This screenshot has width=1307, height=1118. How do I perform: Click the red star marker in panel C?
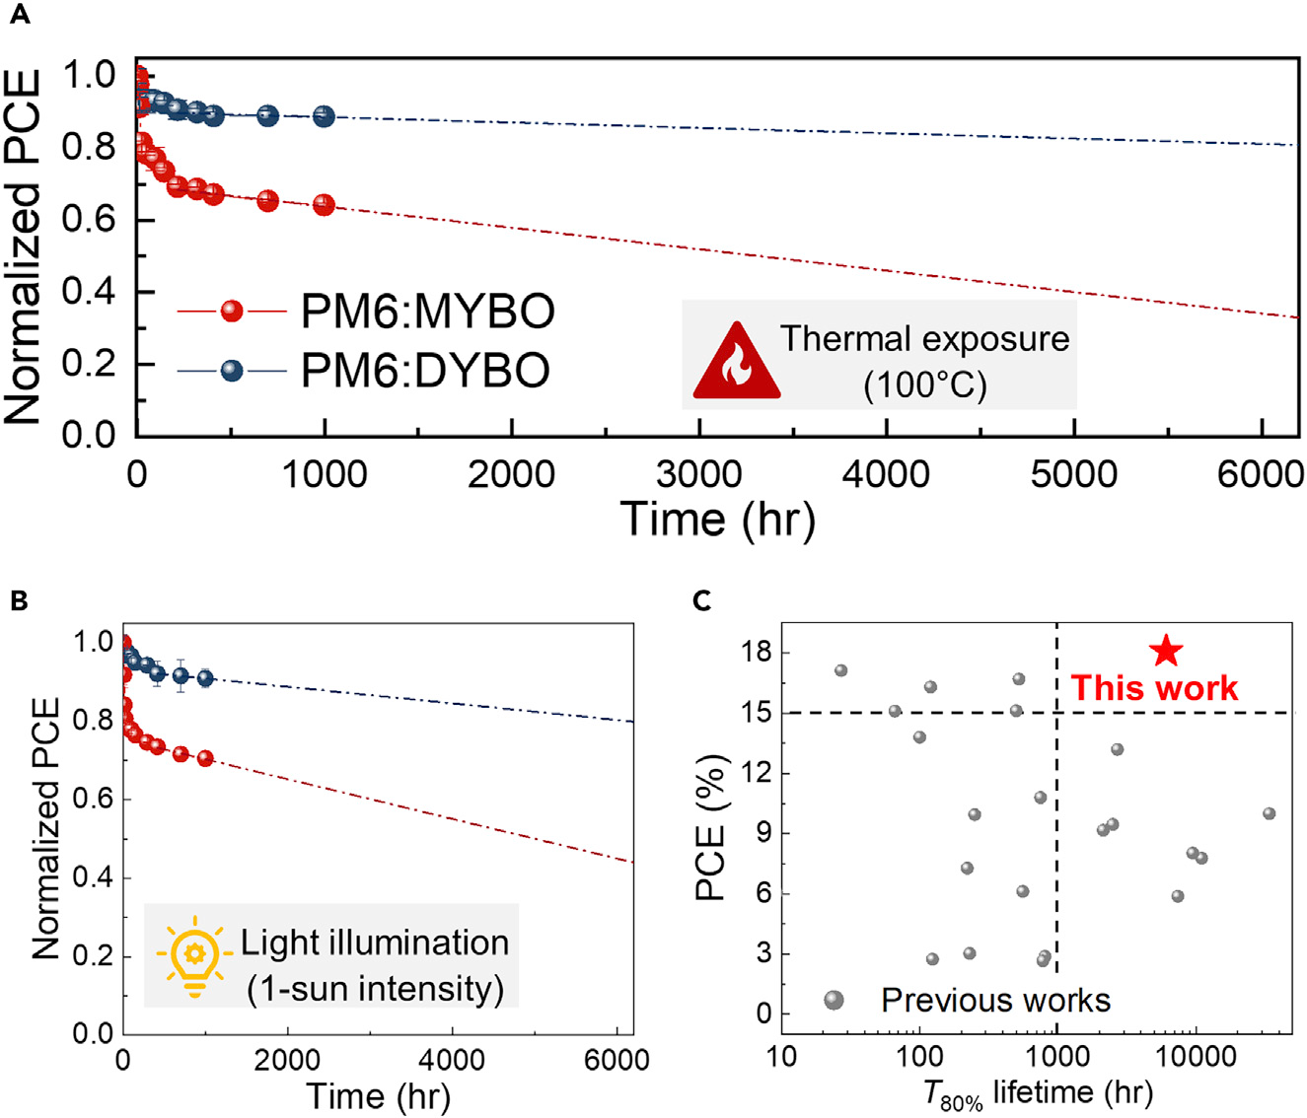coord(1166,651)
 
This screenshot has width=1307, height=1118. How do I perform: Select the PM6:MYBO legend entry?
coord(427,312)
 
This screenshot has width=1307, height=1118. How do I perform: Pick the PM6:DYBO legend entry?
coord(425,371)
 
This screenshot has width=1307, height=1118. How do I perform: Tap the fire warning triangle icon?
coord(737,363)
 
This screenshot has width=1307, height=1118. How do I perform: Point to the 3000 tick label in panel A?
coord(698,474)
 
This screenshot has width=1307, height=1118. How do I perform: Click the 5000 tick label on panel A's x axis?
coord(1073,474)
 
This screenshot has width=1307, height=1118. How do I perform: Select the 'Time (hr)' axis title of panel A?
coord(717,519)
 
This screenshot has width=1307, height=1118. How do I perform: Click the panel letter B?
coord(18,601)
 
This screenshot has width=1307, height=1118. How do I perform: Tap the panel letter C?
coord(702,601)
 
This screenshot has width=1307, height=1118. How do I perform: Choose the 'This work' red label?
coord(1154,688)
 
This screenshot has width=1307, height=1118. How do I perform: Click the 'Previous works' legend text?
coord(995,1001)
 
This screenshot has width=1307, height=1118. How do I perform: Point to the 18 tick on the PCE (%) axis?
coord(760,653)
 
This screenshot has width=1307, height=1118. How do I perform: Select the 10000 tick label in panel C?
coord(1196,1057)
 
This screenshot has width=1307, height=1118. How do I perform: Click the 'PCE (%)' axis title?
coord(711,828)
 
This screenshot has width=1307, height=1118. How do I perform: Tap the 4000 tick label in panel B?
coord(451,1061)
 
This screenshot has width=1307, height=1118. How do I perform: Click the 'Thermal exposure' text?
coord(924,339)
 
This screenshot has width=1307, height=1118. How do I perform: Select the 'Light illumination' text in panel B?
coord(375,943)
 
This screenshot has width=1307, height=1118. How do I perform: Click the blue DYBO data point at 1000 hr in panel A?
coord(324,116)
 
